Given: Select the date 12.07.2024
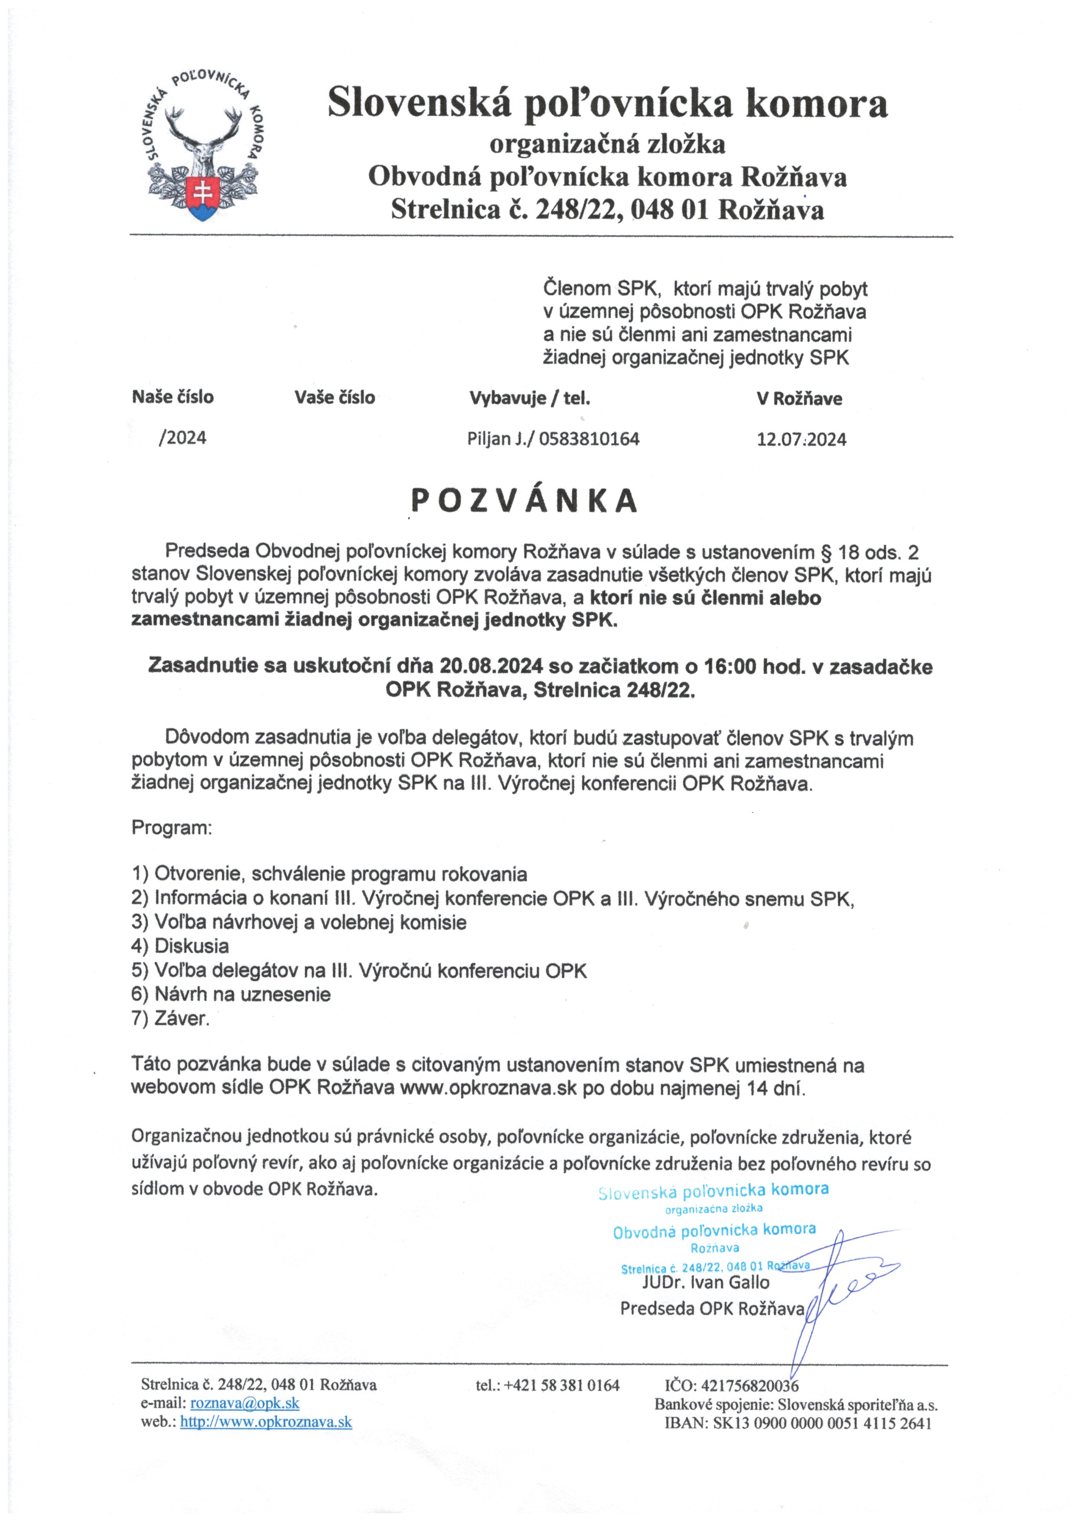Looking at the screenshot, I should pyautogui.click(x=801, y=439).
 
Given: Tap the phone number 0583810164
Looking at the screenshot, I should pyautogui.click(x=590, y=438).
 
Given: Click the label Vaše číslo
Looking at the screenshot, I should pyautogui.click(x=335, y=398).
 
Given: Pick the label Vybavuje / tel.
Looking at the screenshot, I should pyautogui.click(x=529, y=398).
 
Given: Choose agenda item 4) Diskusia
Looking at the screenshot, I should pyautogui.click(x=180, y=946).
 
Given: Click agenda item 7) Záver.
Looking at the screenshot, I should pyautogui.click(x=170, y=1018).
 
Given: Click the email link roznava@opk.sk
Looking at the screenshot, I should pyautogui.click(x=244, y=1403).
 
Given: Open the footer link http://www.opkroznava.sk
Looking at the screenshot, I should pyautogui.click(x=266, y=1422).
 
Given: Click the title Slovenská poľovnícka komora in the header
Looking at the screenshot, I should pyautogui.click(x=607, y=104).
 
